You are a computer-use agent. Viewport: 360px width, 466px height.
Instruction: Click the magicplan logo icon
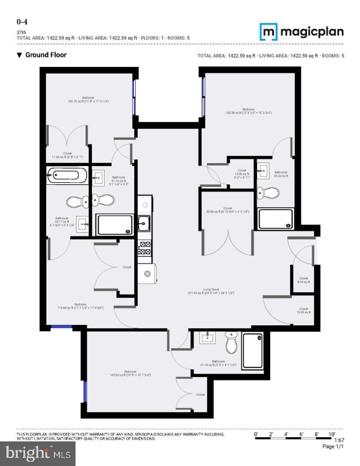click(x=268, y=32)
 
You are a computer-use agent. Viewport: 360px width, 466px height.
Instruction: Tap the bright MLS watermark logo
click(x=38, y=453)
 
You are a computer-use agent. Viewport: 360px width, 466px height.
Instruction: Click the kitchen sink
click(x=145, y=223)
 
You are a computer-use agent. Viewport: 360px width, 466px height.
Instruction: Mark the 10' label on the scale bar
click(x=332, y=434)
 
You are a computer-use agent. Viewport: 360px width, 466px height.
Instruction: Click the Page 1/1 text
click(x=333, y=447)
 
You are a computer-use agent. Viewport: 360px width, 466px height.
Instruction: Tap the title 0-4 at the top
click(x=22, y=22)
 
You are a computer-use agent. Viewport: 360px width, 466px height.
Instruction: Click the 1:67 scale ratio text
click(x=339, y=440)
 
